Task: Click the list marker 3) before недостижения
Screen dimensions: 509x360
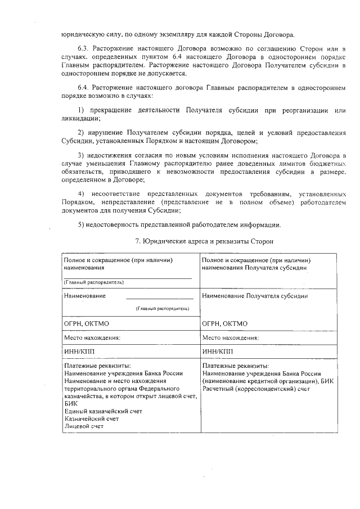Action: click(x=81, y=155)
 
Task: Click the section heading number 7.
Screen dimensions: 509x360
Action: click(x=138, y=242)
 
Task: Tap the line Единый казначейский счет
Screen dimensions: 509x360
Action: click(x=103, y=411)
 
